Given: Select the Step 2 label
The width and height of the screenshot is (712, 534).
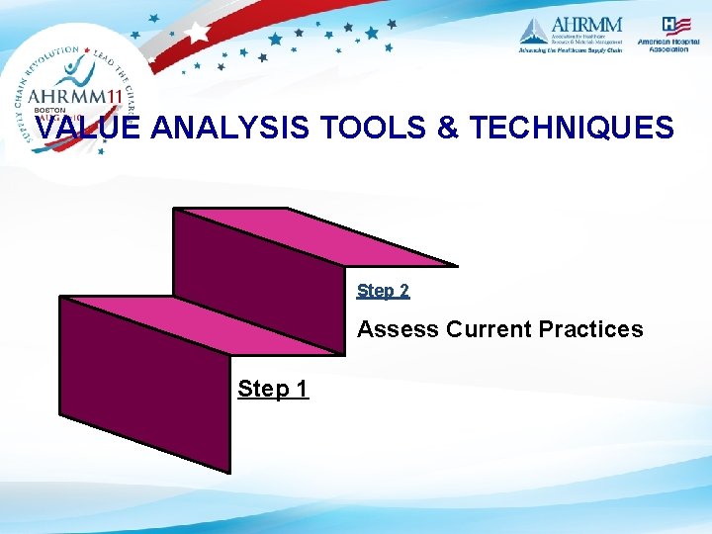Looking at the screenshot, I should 383,291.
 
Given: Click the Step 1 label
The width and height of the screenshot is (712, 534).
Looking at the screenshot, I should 273,390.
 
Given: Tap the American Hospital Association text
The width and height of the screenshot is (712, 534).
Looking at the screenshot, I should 664,44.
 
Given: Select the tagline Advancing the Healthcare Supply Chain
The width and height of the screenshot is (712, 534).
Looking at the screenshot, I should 571,50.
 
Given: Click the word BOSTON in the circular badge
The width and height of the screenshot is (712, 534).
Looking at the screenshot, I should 49,111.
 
